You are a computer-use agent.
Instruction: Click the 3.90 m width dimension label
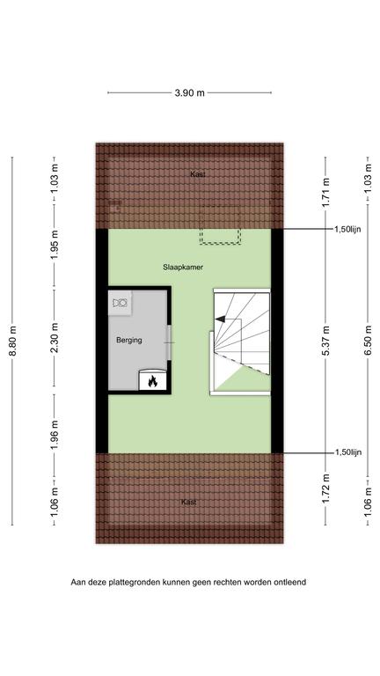point(190,92)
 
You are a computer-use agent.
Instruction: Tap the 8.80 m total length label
point(13,341)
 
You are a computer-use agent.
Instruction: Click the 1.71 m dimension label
point(326,193)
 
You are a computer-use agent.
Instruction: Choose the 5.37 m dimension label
point(326,341)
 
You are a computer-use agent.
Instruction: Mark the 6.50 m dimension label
point(368,341)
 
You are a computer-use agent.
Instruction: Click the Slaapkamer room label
point(183,267)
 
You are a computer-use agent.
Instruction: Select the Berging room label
point(129,340)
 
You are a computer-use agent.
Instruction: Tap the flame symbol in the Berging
point(152,381)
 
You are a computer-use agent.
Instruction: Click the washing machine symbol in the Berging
point(121,303)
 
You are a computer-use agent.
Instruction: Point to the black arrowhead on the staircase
point(220,319)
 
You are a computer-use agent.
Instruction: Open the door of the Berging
point(169,342)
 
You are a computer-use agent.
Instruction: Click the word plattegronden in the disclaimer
point(135,582)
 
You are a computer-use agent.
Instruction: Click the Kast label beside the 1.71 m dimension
point(198,174)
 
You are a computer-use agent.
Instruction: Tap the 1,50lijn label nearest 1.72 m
point(348,452)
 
